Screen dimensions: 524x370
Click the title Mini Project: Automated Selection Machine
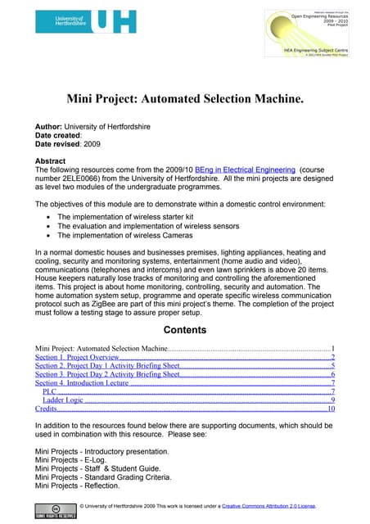184,100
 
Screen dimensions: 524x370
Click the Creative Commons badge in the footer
56,513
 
